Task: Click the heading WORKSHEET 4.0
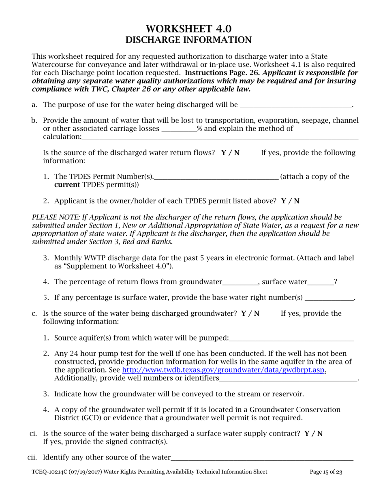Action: coord(188,29)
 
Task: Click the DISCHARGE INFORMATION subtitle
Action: coord(188,40)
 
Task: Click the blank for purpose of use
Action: coord(296,105)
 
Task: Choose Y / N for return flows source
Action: coord(230,153)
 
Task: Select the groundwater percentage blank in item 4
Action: coord(240,283)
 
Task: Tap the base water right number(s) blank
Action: coord(329,298)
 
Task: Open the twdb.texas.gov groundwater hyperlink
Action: coord(224,370)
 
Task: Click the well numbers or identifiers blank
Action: coord(288,379)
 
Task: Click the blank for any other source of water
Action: coord(262,458)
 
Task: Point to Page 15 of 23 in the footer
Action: coord(326,472)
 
